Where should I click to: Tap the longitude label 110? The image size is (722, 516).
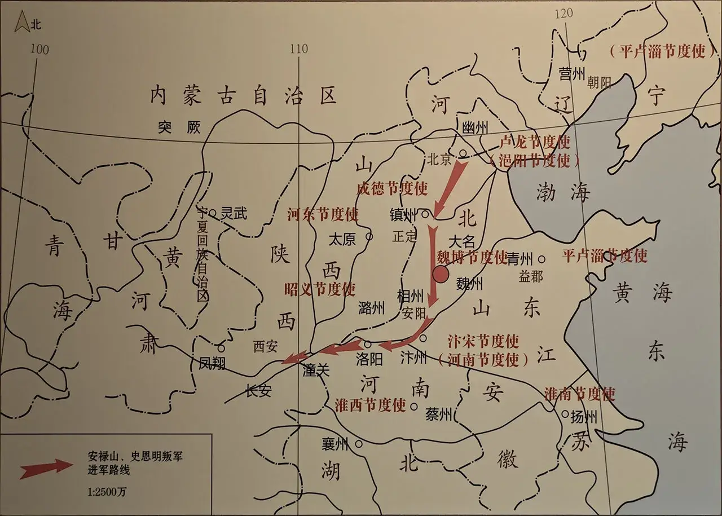[x=298, y=49]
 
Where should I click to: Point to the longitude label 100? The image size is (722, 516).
[x=39, y=49]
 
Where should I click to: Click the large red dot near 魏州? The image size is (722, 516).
[x=440, y=275]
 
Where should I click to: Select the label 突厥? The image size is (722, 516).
[x=179, y=129]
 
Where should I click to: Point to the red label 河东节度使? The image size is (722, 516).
[x=322, y=214]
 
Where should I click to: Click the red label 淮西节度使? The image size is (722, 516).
[x=370, y=405]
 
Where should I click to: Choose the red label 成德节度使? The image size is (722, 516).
[x=392, y=188]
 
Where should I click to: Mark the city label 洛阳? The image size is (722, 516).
[x=369, y=359]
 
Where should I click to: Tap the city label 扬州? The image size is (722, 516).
[x=583, y=418]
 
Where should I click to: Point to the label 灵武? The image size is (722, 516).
[x=233, y=213]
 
